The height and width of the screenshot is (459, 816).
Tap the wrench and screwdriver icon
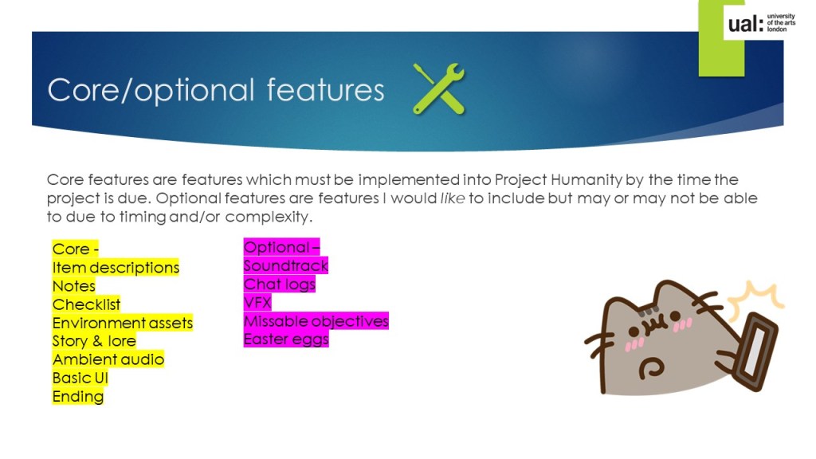pyautogui.click(x=439, y=88)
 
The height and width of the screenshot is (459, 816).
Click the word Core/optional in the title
pyautogui.click(x=151, y=90)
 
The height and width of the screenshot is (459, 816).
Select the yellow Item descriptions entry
pyautogui.click(x=116, y=268)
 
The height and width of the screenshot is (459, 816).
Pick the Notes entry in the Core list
pyautogui.click(x=74, y=286)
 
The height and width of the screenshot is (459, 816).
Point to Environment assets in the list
pyautogui.click(x=122, y=323)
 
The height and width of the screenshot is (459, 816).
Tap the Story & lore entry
pyautogui.click(x=94, y=341)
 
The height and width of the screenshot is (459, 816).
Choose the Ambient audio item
pyautogui.click(x=108, y=359)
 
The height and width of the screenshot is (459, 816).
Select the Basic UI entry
pyautogui.click(x=80, y=378)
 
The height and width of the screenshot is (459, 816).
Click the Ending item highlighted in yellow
pyautogui.click(x=78, y=396)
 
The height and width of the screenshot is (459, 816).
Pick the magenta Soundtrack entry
pyautogui.click(x=286, y=265)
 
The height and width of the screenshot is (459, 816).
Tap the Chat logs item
pyautogui.click(x=280, y=284)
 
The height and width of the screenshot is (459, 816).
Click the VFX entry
pyautogui.click(x=257, y=302)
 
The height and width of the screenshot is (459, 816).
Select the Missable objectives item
pyautogui.click(x=316, y=320)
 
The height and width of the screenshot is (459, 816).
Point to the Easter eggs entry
pyautogui.click(x=286, y=339)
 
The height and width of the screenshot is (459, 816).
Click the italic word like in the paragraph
pyautogui.click(x=453, y=198)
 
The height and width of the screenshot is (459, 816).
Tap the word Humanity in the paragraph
pyautogui.click(x=586, y=180)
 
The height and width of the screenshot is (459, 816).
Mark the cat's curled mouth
pyautogui.click(x=651, y=367)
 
